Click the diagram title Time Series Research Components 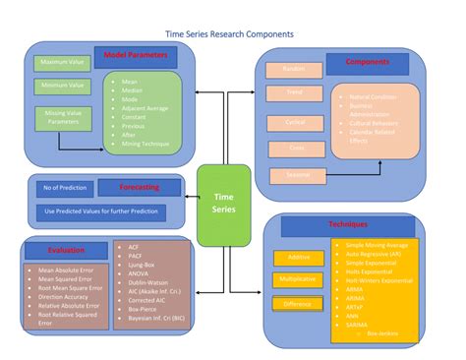229,33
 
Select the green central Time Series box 224,205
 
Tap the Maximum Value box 62,63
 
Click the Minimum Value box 62,87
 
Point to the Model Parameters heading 135,55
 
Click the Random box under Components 294,70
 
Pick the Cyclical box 294,121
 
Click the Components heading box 366,63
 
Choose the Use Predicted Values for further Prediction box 99,210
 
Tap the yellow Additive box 297,257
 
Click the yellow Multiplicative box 297,279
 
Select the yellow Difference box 297,303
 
